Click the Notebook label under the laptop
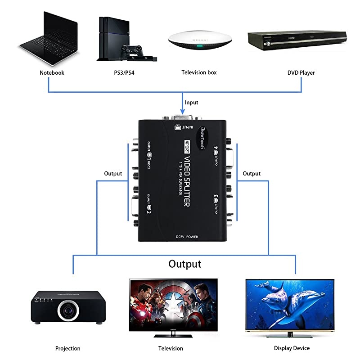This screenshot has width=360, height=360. pyautogui.click(x=52, y=72)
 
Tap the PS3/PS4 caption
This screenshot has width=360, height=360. pyautogui.click(x=122, y=72)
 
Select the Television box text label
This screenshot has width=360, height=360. pyautogui.click(x=199, y=72)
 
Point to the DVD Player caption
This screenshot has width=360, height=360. pyautogui.click(x=301, y=72)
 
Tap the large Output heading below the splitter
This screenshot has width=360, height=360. pyautogui.click(x=184, y=264)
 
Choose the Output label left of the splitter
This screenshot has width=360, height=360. pyautogui.click(x=113, y=173)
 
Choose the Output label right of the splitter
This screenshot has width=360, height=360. pyautogui.click(x=252, y=173)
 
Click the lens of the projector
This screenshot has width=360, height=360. pyautogui.click(x=69, y=310)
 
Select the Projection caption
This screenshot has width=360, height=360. pyautogui.click(x=68, y=348)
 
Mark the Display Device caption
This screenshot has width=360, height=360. pyautogui.click(x=292, y=348)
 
